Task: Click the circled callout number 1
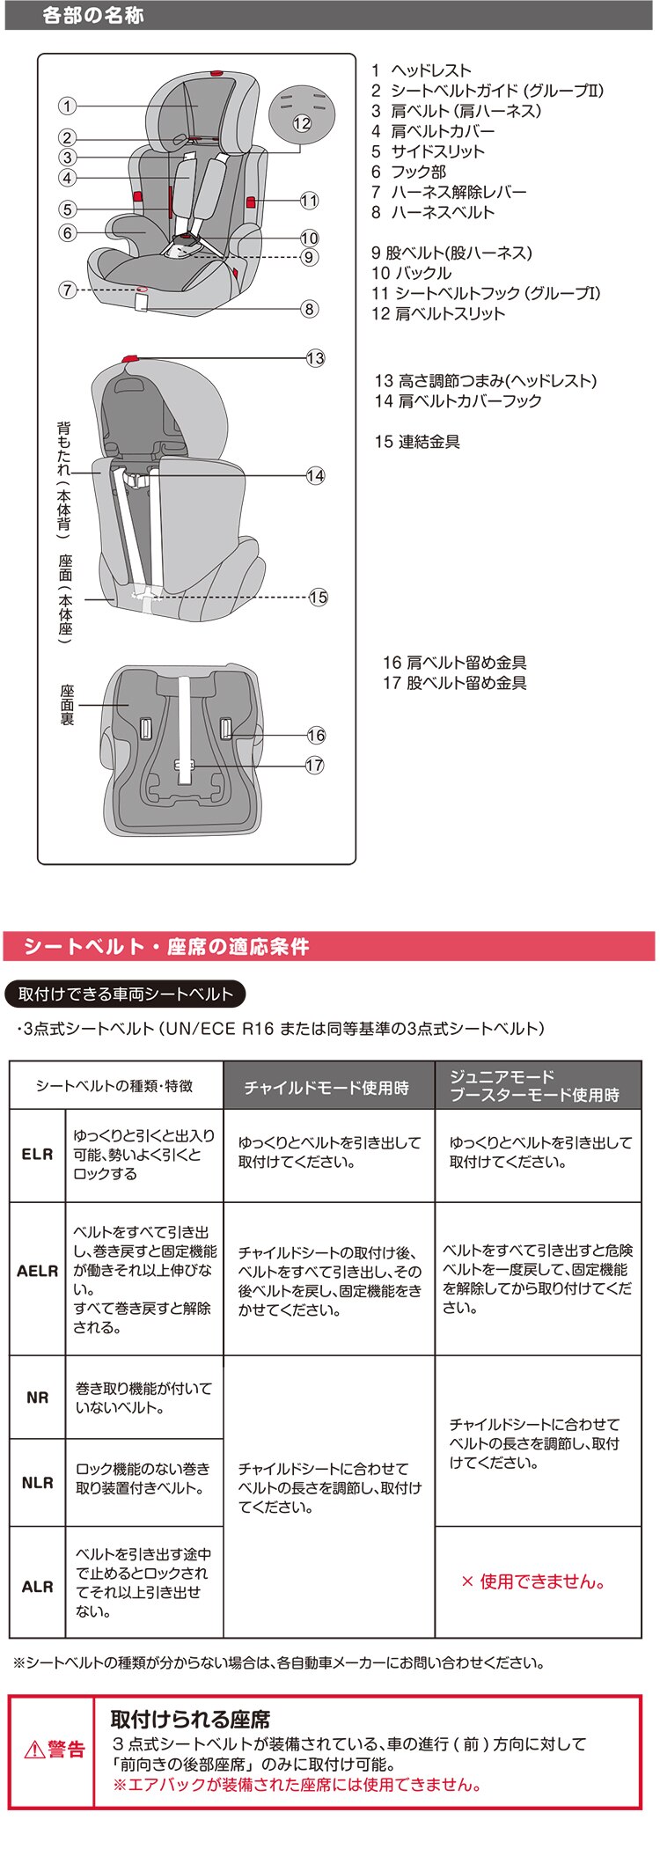(67, 106)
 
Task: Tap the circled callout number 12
(302, 123)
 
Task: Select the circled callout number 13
(315, 358)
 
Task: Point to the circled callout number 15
(318, 598)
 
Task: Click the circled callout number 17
(315, 766)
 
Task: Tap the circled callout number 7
(67, 290)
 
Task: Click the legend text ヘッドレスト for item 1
(431, 70)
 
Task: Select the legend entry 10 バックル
(411, 273)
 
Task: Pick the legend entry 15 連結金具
(417, 442)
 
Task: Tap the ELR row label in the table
(37, 1155)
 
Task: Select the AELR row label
(37, 1271)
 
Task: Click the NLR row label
(37, 1483)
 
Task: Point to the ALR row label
(37, 1587)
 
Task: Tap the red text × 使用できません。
(533, 1581)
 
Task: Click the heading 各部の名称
(92, 16)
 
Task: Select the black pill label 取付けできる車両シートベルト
(125, 994)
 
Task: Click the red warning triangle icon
(34, 1750)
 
